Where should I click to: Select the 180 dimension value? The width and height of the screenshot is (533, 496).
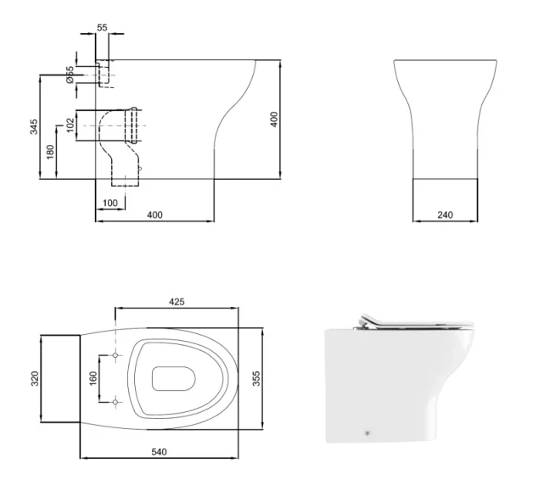50,153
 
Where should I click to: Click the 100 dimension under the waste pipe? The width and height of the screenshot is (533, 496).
110,203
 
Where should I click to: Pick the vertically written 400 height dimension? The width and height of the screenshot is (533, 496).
274,120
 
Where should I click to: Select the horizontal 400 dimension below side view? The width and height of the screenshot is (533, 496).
154,215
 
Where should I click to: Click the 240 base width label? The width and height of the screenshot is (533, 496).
446,215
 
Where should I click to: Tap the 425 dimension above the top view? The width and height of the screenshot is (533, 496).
177,302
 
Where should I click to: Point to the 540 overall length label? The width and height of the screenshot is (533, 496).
159,452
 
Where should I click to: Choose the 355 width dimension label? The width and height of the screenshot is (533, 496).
256,377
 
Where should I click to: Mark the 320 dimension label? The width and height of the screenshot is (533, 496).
36,377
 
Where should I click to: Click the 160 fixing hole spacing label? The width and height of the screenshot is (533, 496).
93,377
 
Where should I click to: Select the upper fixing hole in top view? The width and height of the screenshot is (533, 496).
115,354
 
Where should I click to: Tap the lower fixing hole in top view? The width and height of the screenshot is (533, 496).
115,400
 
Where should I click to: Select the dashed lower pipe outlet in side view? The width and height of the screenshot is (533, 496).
126,176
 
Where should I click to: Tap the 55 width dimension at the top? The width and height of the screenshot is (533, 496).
102,28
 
